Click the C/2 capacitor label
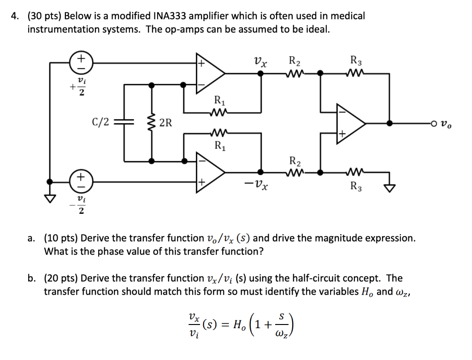click(100, 122)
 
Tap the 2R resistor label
click(165, 123)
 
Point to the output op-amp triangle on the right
click(350, 123)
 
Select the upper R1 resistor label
click(219, 100)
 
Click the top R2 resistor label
click(294, 60)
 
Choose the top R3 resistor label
click(356, 60)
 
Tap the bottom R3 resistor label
click(356, 187)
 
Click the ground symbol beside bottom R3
click(390, 187)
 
